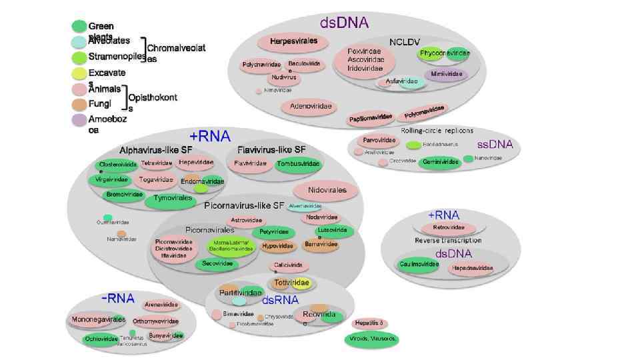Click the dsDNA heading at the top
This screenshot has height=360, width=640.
[344, 23]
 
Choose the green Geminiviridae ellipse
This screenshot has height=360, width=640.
[441, 162]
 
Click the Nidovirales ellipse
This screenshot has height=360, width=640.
[327, 190]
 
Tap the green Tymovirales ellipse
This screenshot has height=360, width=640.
[173, 198]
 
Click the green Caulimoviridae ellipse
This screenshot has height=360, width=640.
[419, 265]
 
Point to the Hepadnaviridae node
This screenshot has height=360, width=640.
[472, 269]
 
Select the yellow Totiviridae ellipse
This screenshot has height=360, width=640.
[292, 283]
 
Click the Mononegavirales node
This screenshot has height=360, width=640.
[98, 320]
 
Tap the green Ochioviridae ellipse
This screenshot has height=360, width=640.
[101, 339]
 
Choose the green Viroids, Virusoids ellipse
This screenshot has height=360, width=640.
[371, 339]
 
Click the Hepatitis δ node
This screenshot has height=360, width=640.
[371, 323]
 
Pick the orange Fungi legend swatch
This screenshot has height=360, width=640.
[79, 105]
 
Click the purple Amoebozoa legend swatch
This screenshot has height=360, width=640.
[79, 120]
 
